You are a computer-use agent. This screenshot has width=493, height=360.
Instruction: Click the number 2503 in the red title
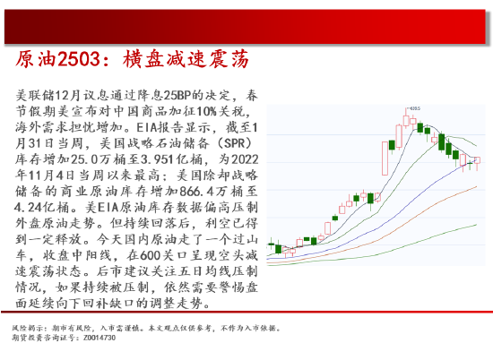[x=80, y=59]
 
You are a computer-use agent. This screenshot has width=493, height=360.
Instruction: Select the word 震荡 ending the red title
[x=227, y=59]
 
